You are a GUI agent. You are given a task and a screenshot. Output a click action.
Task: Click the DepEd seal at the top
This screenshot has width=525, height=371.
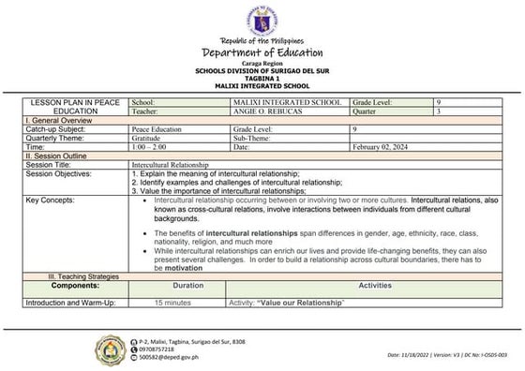(x=262, y=20)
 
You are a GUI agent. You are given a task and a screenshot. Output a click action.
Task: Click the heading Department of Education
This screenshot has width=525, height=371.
(x=262, y=53)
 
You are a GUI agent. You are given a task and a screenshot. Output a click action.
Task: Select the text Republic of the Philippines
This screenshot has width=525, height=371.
(x=262, y=41)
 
